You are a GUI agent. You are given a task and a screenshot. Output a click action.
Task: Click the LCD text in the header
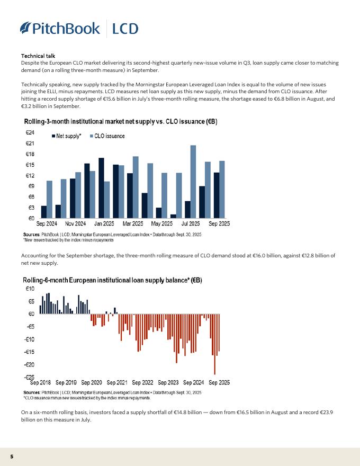click(125, 28)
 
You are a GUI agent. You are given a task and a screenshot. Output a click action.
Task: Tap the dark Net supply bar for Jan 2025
click(101, 187)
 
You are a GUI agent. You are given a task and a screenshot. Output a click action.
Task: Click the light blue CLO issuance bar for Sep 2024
click(49, 199)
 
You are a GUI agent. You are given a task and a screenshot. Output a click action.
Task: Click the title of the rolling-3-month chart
click(120, 122)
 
